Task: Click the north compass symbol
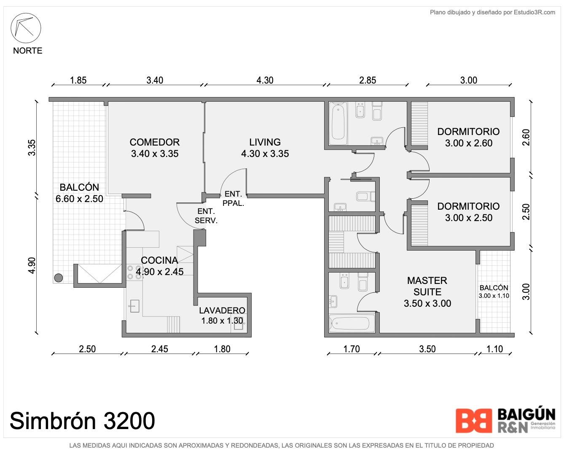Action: click(x=26, y=28)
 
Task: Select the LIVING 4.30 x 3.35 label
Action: click(x=265, y=148)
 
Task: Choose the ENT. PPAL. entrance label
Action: click(x=233, y=198)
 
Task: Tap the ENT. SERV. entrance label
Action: click(x=206, y=216)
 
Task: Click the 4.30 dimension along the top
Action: click(x=265, y=80)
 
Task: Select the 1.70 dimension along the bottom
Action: click(x=352, y=349)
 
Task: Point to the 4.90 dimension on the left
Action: click(x=32, y=265)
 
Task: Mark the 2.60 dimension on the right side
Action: click(x=526, y=137)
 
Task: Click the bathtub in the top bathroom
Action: click(x=338, y=124)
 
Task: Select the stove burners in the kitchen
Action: click(x=134, y=272)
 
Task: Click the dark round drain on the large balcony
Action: click(x=59, y=278)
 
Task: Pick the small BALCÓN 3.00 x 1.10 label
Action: click(x=494, y=292)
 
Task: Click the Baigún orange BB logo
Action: click(x=474, y=421)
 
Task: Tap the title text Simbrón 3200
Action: click(x=82, y=421)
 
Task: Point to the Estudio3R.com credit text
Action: click(x=492, y=12)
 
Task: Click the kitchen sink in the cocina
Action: click(x=134, y=306)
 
